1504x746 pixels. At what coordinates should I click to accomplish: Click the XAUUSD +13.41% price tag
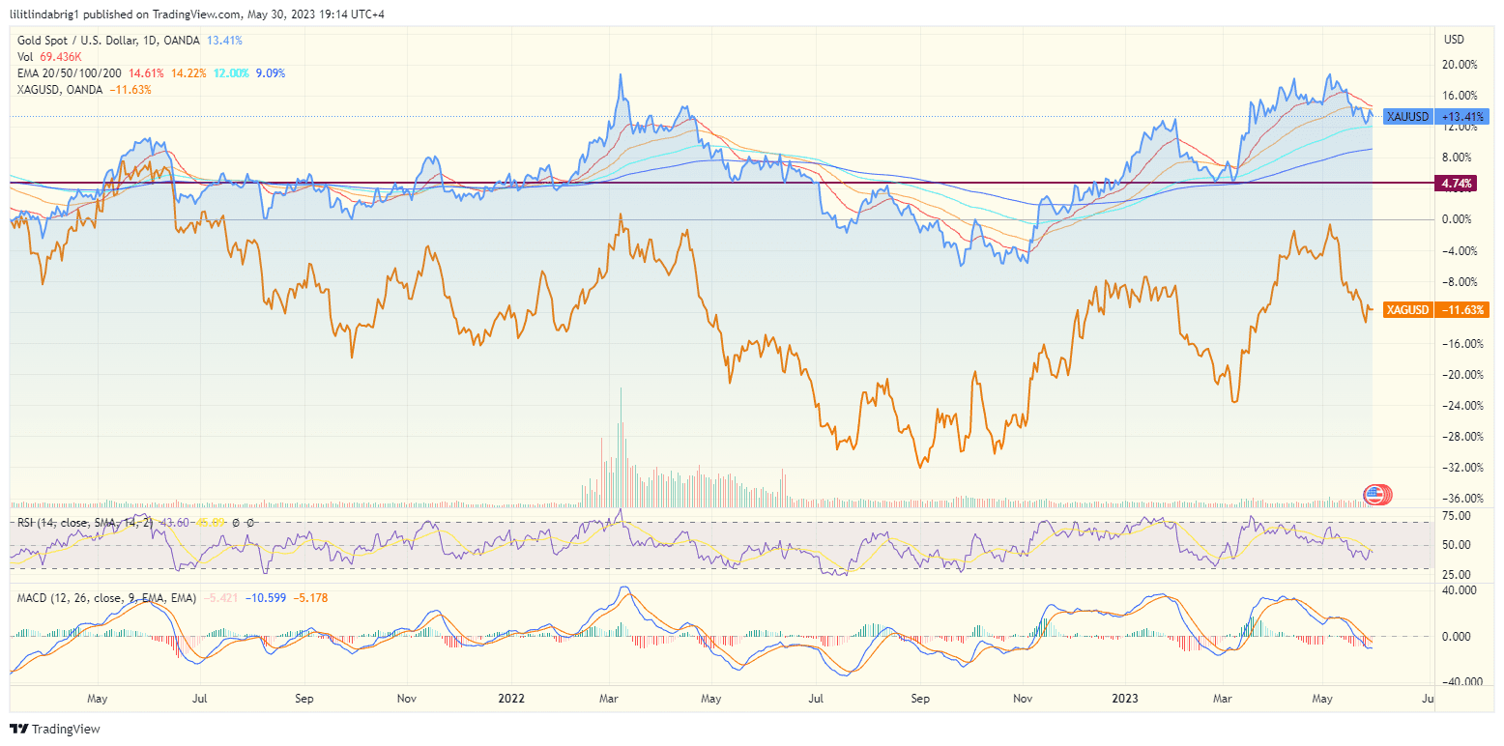coord(1434,116)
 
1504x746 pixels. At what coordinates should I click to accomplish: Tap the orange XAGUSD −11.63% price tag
coord(1434,310)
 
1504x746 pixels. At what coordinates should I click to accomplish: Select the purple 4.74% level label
coord(1456,183)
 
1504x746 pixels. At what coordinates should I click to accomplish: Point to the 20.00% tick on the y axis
coord(1460,65)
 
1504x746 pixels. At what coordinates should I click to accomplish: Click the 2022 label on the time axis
coord(509,697)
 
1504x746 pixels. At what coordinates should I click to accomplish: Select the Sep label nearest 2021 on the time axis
coord(304,697)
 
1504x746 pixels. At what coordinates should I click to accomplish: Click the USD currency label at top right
coord(1454,40)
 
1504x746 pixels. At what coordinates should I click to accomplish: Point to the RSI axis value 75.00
coord(1457,516)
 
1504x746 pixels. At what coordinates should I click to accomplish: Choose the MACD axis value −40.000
coord(1455,680)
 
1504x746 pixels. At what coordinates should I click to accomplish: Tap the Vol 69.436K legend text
coord(50,57)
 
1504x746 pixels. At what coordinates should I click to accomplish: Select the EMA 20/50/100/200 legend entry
coord(69,73)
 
